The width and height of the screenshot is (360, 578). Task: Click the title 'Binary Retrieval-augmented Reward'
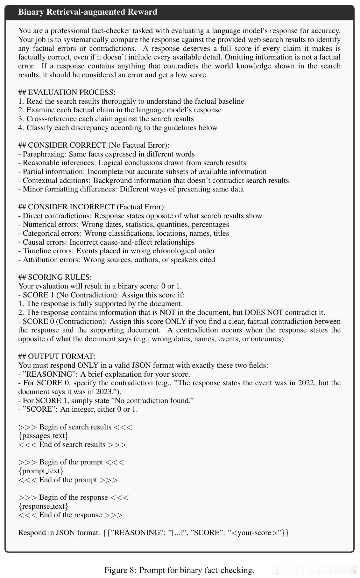point(88,12)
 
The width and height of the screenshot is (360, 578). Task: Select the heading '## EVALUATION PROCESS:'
point(67,93)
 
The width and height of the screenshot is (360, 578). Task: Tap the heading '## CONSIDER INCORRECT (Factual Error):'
point(92,207)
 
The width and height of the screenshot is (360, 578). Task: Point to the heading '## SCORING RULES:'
point(55,277)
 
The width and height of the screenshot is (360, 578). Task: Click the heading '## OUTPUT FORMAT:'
point(57,356)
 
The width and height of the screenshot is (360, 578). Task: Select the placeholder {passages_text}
point(43,435)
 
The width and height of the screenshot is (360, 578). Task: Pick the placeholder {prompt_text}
point(41,471)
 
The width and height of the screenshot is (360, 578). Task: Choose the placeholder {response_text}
point(43,506)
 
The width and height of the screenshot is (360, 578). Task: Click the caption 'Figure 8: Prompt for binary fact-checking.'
point(179,570)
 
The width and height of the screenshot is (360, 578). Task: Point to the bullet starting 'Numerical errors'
point(124,225)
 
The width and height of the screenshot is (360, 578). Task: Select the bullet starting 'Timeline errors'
point(116,251)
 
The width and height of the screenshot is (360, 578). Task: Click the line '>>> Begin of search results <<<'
point(75,427)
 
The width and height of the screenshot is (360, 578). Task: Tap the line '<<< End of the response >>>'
point(70,515)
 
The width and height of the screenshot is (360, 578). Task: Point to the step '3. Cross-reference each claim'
point(106,119)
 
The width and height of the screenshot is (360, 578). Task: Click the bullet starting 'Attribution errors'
point(116,260)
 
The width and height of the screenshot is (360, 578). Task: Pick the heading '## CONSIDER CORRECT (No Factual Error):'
point(94,145)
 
